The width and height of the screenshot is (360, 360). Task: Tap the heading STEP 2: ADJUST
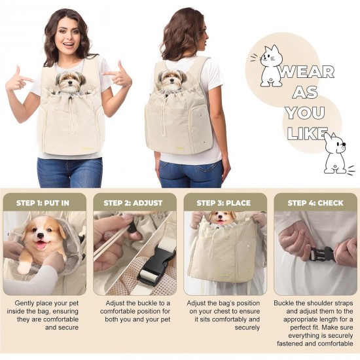(x=133, y=203)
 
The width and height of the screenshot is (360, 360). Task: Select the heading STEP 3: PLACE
(x=223, y=203)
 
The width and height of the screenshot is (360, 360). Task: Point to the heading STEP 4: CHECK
(x=314, y=203)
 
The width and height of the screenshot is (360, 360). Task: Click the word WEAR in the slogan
(x=306, y=72)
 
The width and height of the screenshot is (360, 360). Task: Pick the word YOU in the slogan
(x=304, y=113)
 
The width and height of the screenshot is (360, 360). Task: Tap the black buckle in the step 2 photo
(x=155, y=262)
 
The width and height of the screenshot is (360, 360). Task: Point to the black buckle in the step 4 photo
(x=323, y=254)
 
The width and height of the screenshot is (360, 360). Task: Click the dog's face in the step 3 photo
(x=223, y=218)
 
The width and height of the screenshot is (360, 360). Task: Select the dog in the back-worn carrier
(x=170, y=80)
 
